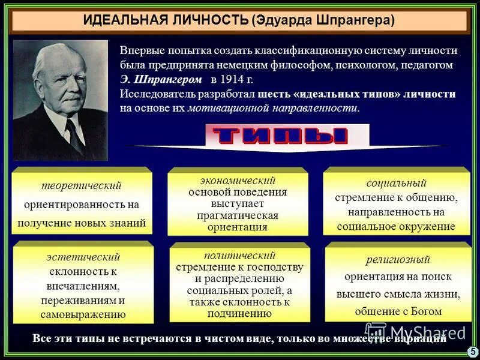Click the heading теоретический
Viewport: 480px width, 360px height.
[x=81, y=185]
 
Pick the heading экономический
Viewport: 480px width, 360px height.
[x=238, y=180]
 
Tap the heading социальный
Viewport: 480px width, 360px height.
[x=396, y=182]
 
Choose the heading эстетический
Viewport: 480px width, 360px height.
[x=83, y=257]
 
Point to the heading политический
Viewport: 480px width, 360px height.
[x=239, y=255]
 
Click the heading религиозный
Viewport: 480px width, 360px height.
[x=398, y=259]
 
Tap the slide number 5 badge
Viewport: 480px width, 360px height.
[x=472, y=351]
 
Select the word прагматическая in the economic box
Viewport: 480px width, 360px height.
[x=238, y=215]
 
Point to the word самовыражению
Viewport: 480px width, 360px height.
[x=83, y=314]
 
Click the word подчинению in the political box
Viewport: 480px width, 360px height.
[x=239, y=313]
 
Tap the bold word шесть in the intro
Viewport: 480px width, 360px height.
[x=274, y=94]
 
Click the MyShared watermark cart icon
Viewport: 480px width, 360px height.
[x=376, y=331]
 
